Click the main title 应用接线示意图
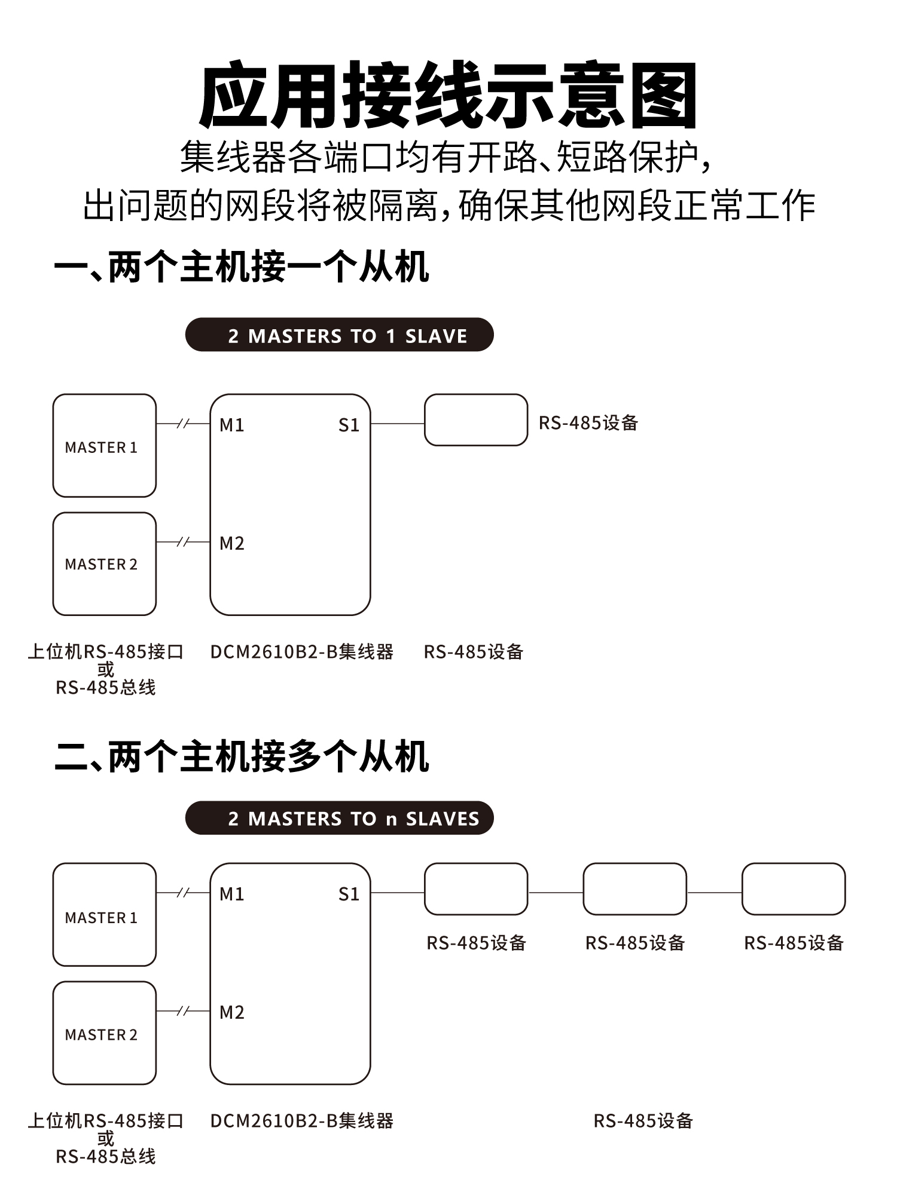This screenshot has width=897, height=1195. click(448, 96)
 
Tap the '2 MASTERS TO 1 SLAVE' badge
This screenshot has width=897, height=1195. click(339, 335)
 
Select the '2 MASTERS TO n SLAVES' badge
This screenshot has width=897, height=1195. click(339, 818)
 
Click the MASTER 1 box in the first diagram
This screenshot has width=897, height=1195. click(104, 446)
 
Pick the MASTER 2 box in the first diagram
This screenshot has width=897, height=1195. click(104, 564)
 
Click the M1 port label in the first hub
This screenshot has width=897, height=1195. click(231, 425)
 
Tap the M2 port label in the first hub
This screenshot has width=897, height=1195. click(231, 544)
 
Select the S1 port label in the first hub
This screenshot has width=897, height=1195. click(349, 425)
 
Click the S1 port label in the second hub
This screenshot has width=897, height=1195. click(349, 894)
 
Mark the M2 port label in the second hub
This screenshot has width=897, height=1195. click(231, 1013)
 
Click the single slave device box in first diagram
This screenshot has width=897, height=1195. click(476, 420)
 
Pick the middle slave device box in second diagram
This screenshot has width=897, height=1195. click(634, 889)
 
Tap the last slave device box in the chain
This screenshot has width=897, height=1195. click(794, 889)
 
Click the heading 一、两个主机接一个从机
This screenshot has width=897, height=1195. click(242, 267)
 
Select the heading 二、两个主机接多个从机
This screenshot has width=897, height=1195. click(242, 756)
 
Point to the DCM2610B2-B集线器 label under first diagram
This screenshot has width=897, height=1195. click(302, 652)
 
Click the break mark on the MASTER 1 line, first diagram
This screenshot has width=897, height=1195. click(184, 424)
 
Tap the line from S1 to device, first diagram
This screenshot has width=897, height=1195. click(398, 424)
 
